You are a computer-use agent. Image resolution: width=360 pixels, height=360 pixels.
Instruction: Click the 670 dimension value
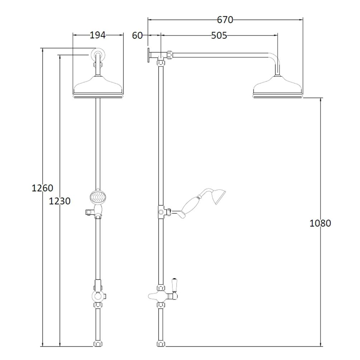225,20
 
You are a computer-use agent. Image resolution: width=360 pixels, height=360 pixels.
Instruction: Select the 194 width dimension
97,35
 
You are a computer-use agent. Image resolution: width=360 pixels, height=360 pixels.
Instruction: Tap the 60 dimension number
137,35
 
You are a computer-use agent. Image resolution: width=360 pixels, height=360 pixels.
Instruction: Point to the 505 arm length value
219,35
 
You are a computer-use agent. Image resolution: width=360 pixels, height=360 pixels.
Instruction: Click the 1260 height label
42,188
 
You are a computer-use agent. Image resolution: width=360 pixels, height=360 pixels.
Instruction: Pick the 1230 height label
60,201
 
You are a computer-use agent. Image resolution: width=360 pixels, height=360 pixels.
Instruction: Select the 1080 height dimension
320,223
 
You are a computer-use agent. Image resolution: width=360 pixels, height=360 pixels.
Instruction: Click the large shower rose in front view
98,87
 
